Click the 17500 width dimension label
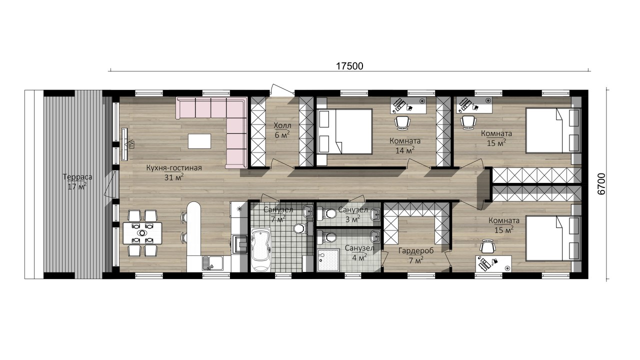click(x=349, y=66)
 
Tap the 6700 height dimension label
click(x=601, y=184)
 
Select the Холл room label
click(x=282, y=125)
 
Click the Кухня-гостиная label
click(x=174, y=167)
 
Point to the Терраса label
click(x=77, y=177)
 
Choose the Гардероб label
click(x=416, y=251)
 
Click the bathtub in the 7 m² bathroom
click(x=260, y=249)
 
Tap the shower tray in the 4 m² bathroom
click(x=328, y=260)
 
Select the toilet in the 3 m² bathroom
click(x=327, y=214)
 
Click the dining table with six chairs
click(x=142, y=233)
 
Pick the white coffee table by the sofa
click(x=199, y=141)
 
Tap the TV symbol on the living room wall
click(x=131, y=144)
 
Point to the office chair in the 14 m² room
click(x=402, y=123)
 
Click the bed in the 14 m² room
click(x=344, y=131)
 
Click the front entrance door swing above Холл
click(x=282, y=90)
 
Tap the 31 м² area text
click(x=174, y=177)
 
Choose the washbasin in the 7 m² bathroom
click(x=308, y=211)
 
